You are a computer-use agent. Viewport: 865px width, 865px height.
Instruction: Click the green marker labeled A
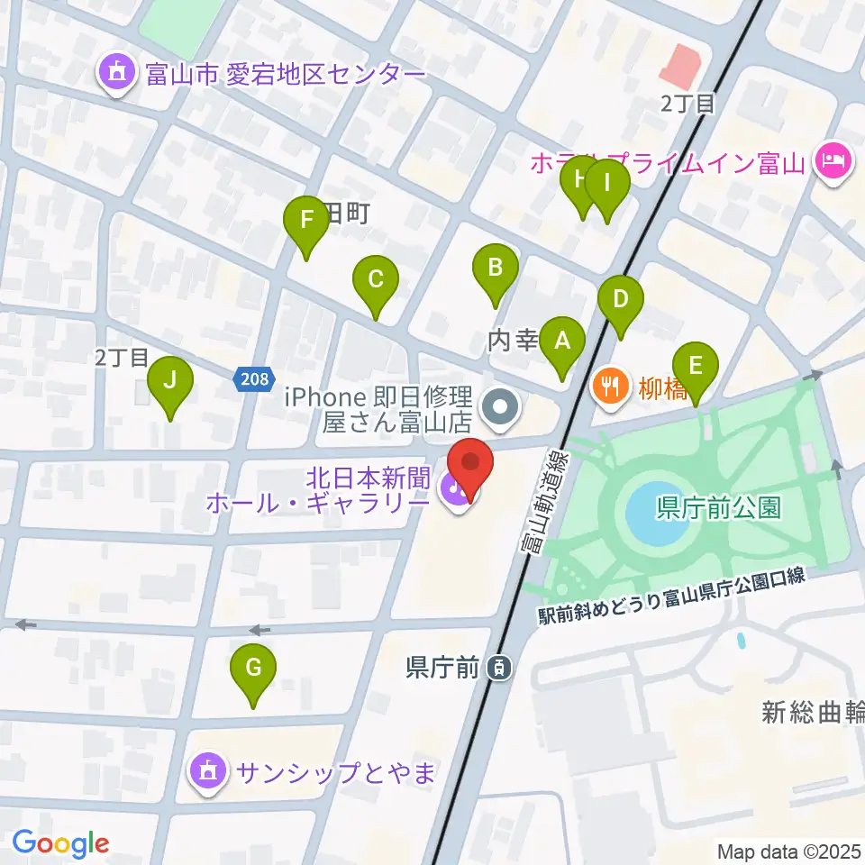(562, 343)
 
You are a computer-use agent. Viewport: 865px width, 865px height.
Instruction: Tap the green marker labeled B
(495, 268)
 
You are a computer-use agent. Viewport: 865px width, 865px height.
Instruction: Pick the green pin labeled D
(620, 300)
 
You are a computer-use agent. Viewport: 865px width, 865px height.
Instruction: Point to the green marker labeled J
(170, 381)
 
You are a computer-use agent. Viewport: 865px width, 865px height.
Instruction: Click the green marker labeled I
(606, 185)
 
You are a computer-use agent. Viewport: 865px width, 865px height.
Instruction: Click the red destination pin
(470, 463)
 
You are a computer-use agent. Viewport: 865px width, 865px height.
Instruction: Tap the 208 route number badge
(255, 379)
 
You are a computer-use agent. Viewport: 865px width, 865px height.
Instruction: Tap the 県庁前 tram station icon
(496, 668)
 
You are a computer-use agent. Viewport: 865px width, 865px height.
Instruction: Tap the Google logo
(59, 843)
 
